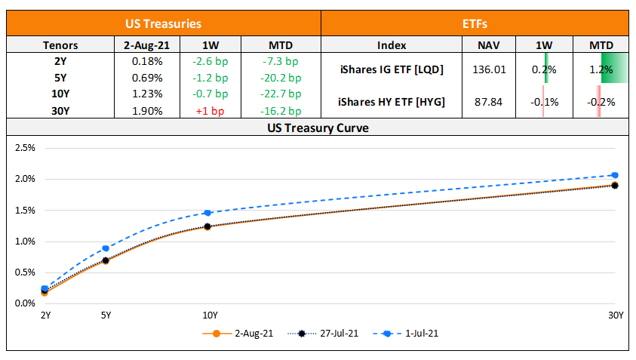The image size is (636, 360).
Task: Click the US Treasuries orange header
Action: point(163,24)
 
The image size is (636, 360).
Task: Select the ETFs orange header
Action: point(475,24)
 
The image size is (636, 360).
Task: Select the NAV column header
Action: point(489,45)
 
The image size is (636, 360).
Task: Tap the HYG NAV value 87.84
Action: point(489,102)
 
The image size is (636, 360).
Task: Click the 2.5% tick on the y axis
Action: point(26,148)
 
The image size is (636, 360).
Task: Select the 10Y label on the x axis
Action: point(210,315)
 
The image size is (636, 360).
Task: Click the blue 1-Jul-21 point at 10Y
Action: point(207,213)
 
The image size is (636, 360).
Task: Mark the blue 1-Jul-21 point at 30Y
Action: point(615,175)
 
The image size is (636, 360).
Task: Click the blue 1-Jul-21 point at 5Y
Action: point(106,248)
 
